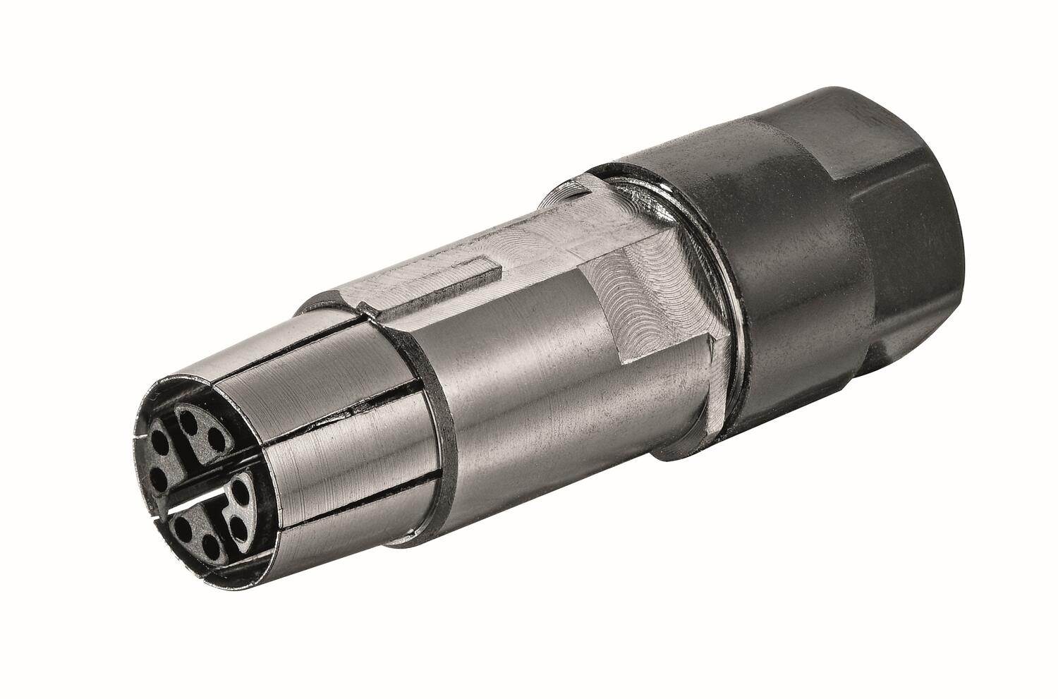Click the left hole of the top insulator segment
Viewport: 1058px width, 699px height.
click(x=188, y=421)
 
